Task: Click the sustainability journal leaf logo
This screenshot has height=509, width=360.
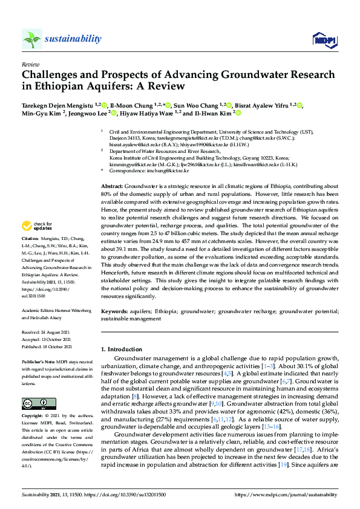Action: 31,39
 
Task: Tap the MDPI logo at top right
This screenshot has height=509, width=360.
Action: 324,40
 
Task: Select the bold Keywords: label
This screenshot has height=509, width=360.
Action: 114,311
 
